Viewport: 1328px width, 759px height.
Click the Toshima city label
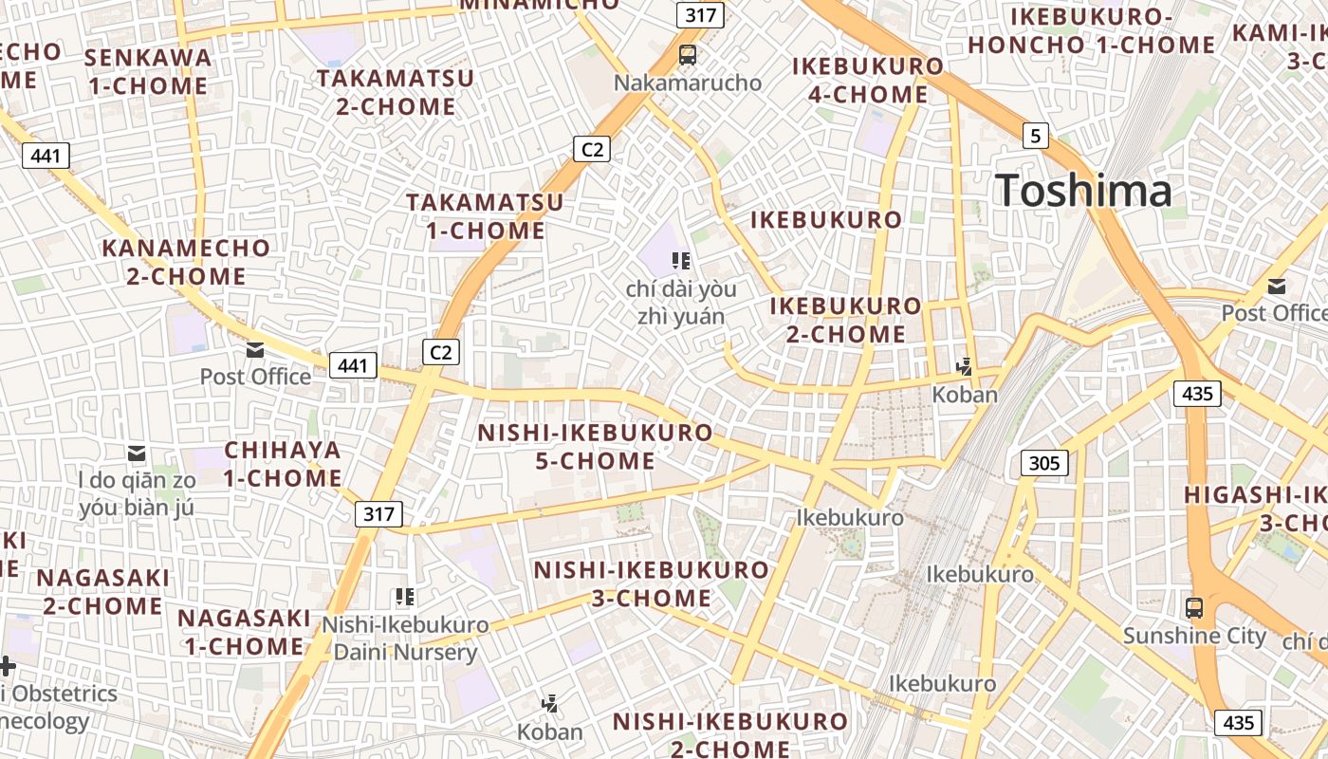pos(1083,191)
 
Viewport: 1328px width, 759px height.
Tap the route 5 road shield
pos(1035,136)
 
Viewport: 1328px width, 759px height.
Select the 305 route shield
pos(1044,463)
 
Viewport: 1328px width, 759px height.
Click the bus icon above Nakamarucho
pos(688,55)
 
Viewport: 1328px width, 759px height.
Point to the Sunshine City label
pos(1194,636)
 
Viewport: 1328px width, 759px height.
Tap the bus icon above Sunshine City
pos(1194,608)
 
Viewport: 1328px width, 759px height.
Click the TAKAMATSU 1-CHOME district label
pos(485,216)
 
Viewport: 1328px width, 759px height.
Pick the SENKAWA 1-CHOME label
pos(147,71)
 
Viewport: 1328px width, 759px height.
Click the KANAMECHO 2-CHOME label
pos(187,262)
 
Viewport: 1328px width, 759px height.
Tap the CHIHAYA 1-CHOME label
pos(283,464)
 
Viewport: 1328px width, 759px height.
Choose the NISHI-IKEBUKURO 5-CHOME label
pos(595,447)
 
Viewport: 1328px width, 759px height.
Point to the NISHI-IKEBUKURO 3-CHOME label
pos(651,584)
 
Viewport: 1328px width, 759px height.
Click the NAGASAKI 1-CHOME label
pos(244,632)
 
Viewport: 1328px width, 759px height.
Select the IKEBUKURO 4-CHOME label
pos(867,80)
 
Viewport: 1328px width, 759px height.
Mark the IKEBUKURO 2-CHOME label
pos(845,320)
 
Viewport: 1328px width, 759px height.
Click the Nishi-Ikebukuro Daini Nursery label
pos(405,639)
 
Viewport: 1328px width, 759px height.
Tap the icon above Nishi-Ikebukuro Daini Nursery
pos(405,597)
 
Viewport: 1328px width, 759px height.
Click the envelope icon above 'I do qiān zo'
pos(138,454)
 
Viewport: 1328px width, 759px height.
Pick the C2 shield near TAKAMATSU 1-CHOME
pos(591,149)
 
